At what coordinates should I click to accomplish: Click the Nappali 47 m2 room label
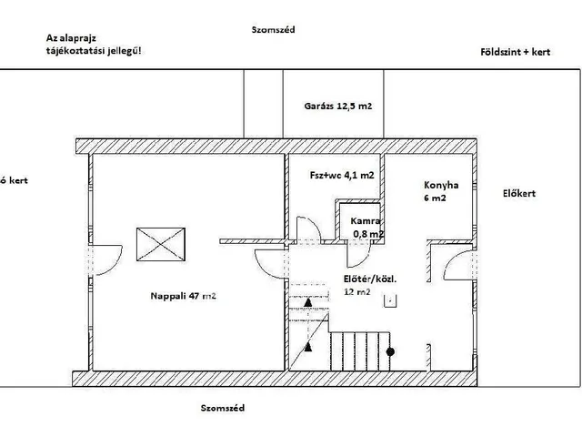click(x=182, y=296)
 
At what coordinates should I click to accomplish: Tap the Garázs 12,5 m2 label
click(x=338, y=107)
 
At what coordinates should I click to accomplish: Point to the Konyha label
click(x=441, y=184)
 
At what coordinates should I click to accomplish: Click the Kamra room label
click(x=366, y=221)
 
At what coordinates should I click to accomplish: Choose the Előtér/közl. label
click(x=370, y=279)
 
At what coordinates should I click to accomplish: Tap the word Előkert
click(x=518, y=193)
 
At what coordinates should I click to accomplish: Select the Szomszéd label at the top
click(x=272, y=30)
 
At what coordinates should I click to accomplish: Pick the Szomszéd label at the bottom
click(x=223, y=409)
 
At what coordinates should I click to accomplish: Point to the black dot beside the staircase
click(x=390, y=351)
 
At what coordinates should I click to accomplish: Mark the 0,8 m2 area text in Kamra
click(x=368, y=234)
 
